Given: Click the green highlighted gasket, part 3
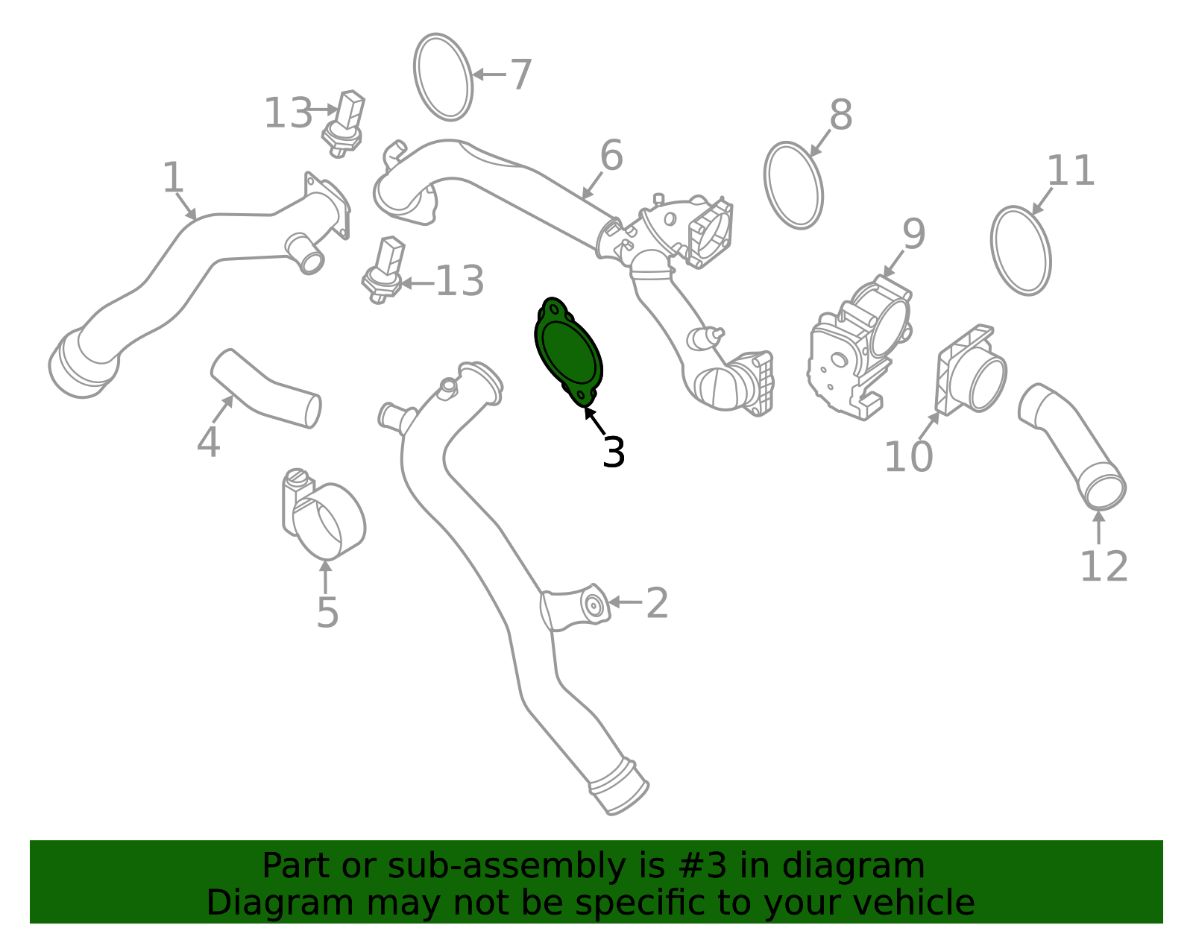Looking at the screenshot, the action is pos(568,351).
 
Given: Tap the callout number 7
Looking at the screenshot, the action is pos(521,75).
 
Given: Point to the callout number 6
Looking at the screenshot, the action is pos(611,155).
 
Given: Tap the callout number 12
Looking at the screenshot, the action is pos(1104,567).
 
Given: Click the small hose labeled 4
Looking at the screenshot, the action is pos(265,388).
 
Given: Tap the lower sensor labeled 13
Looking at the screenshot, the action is pos(384,270).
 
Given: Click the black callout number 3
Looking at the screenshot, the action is pos(613,452).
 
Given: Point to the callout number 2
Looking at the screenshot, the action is pos(657,604).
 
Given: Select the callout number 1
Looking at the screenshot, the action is pos(173,177).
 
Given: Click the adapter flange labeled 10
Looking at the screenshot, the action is pos(971,370).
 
